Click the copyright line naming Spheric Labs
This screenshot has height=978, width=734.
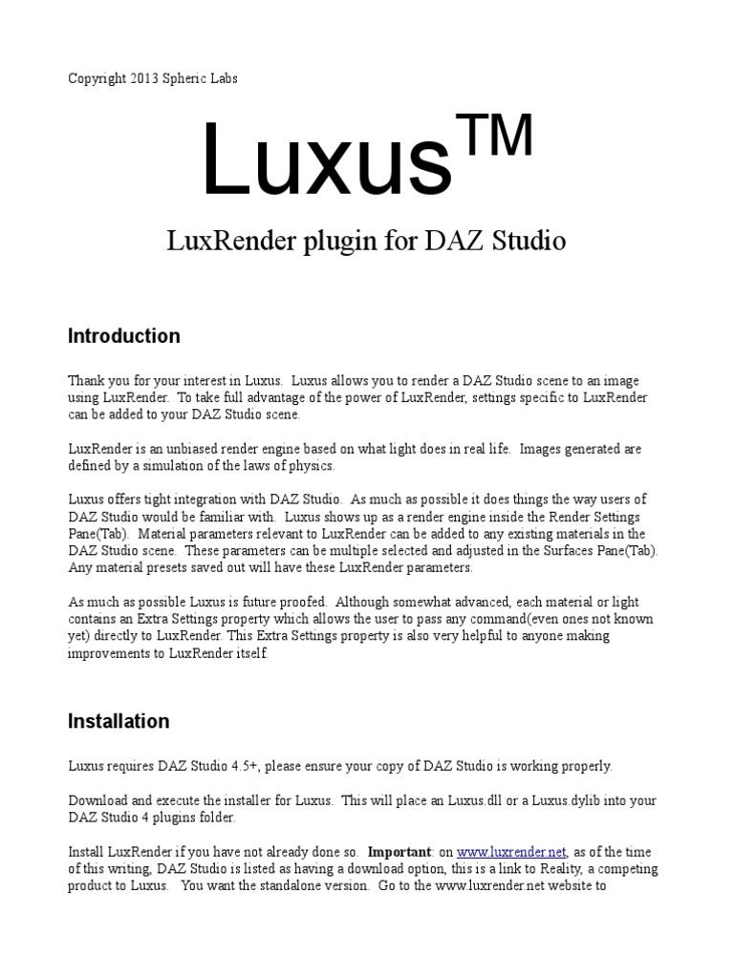[x=153, y=78]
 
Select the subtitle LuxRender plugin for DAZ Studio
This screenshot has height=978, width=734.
[x=367, y=242]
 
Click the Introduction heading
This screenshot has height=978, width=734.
[x=124, y=336]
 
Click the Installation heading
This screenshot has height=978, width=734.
[x=119, y=721]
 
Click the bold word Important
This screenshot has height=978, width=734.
[x=399, y=852]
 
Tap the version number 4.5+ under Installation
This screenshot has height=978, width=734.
[x=270, y=766]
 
